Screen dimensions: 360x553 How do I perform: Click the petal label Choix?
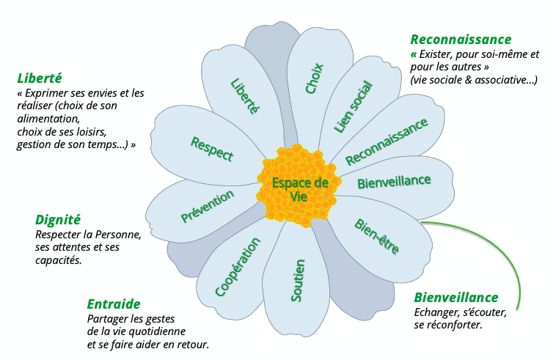[x=315, y=78]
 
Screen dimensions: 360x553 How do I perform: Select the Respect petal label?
[x=212, y=148]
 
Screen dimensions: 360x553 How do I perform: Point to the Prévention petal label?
[x=208, y=206]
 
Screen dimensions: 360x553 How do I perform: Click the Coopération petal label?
[x=238, y=266]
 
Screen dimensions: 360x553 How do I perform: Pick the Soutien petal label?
[x=298, y=280]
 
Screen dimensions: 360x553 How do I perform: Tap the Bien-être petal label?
[x=376, y=236]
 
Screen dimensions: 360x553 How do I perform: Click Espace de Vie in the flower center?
[x=299, y=188]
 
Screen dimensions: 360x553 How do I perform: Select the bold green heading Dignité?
[x=58, y=219]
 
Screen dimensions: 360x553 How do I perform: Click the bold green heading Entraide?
[x=114, y=304]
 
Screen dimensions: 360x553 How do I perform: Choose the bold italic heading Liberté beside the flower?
[x=39, y=78]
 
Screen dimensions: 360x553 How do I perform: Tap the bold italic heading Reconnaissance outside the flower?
[x=461, y=40]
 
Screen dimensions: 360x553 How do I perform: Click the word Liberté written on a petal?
[x=245, y=96]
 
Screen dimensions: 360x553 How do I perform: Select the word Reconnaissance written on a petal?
[x=386, y=142]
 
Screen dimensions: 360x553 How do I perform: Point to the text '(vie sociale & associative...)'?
[x=475, y=79]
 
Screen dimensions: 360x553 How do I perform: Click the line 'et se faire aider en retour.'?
[x=148, y=344]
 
